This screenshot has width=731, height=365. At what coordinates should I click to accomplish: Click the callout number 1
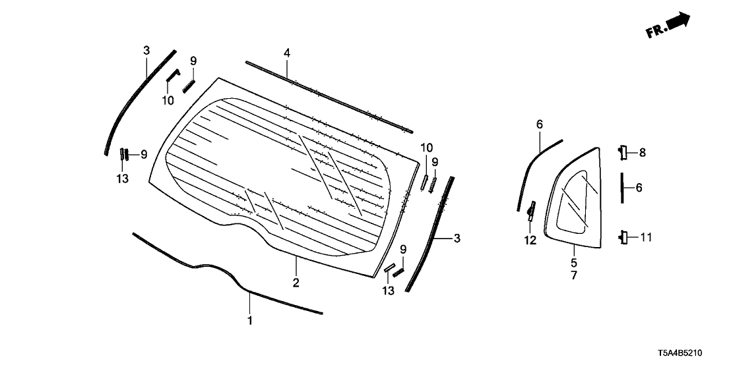[249, 321]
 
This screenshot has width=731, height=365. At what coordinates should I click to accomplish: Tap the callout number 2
[296, 283]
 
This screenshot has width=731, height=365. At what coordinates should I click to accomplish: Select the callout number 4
[287, 52]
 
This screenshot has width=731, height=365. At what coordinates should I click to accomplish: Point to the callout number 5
[573, 262]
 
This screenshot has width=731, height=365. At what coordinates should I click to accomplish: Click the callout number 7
[573, 275]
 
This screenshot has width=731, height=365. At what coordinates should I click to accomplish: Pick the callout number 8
[643, 153]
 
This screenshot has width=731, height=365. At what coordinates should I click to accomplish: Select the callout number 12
[530, 240]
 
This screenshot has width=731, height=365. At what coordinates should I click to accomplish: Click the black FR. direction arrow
[678, 22]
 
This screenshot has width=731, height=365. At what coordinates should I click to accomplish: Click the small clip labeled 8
[623, 152]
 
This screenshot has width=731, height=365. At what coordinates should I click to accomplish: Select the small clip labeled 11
[623, 237]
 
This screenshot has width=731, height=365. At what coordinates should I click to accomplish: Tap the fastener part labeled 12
[530, 211]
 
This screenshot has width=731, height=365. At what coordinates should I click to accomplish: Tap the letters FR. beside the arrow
[656, 31]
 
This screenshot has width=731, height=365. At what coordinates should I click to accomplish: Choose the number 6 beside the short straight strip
[639, 188]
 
